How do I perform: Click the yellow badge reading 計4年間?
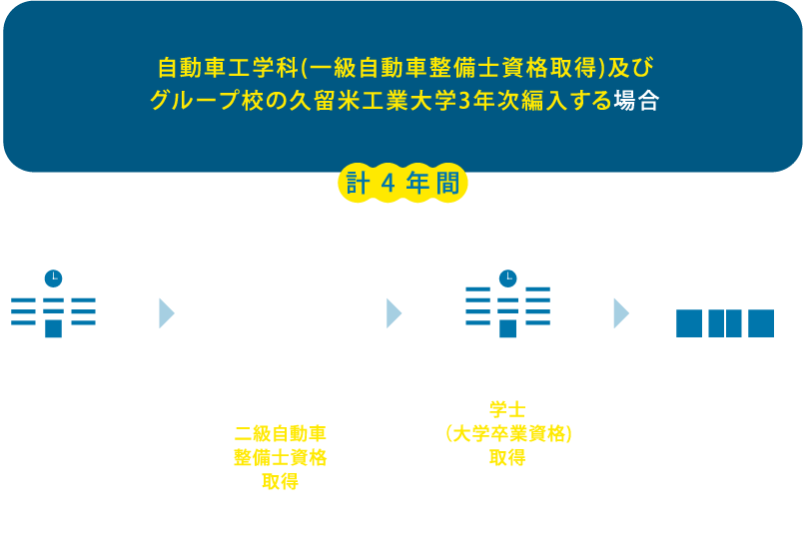point(402,185)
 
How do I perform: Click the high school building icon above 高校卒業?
point(53,301)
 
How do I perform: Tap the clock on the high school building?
point(53,277)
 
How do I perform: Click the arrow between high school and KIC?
point(167,313)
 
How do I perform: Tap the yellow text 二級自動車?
point(280,434)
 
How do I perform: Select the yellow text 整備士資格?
point(280,458)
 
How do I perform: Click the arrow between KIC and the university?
point(394,313)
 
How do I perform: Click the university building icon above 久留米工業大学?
point(507,301)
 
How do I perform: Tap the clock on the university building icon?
point(507,277)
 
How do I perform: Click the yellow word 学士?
point(507,410)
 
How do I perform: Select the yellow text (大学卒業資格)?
point(507,434)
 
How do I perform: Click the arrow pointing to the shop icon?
point(621,313)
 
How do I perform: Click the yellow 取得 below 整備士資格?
point(280,482)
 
